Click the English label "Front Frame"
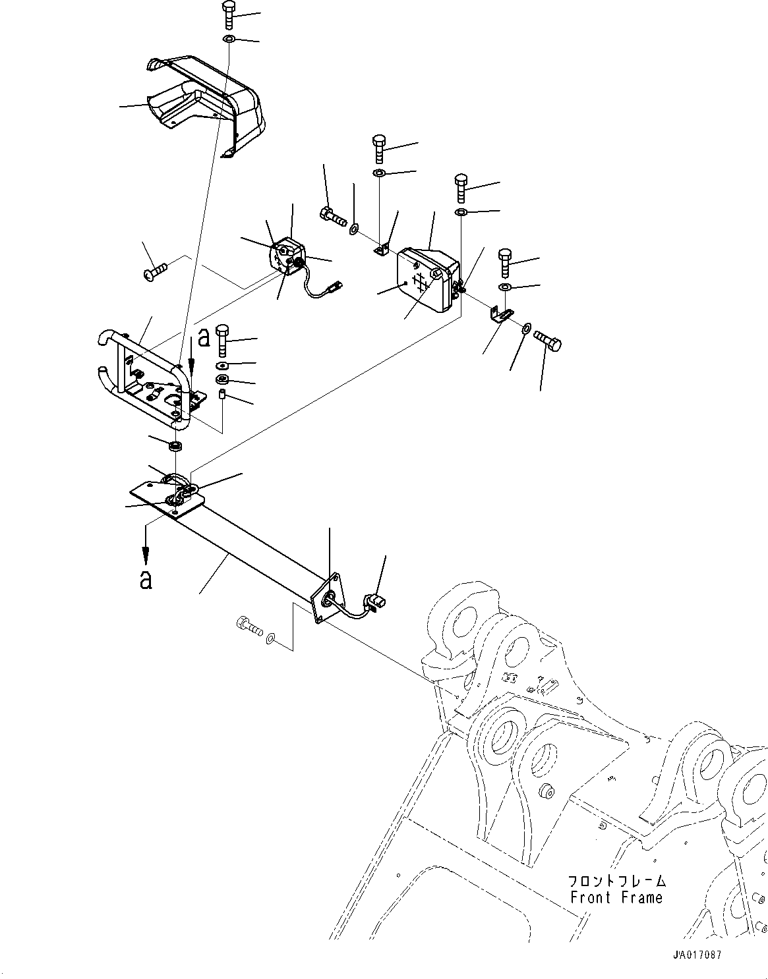pos(616,897)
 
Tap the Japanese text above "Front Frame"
pos(616,881)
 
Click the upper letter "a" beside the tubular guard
pos(204,337)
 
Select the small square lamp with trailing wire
pos(288,259)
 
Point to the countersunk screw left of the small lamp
pos(155,269)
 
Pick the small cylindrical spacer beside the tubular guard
pos(222,395)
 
